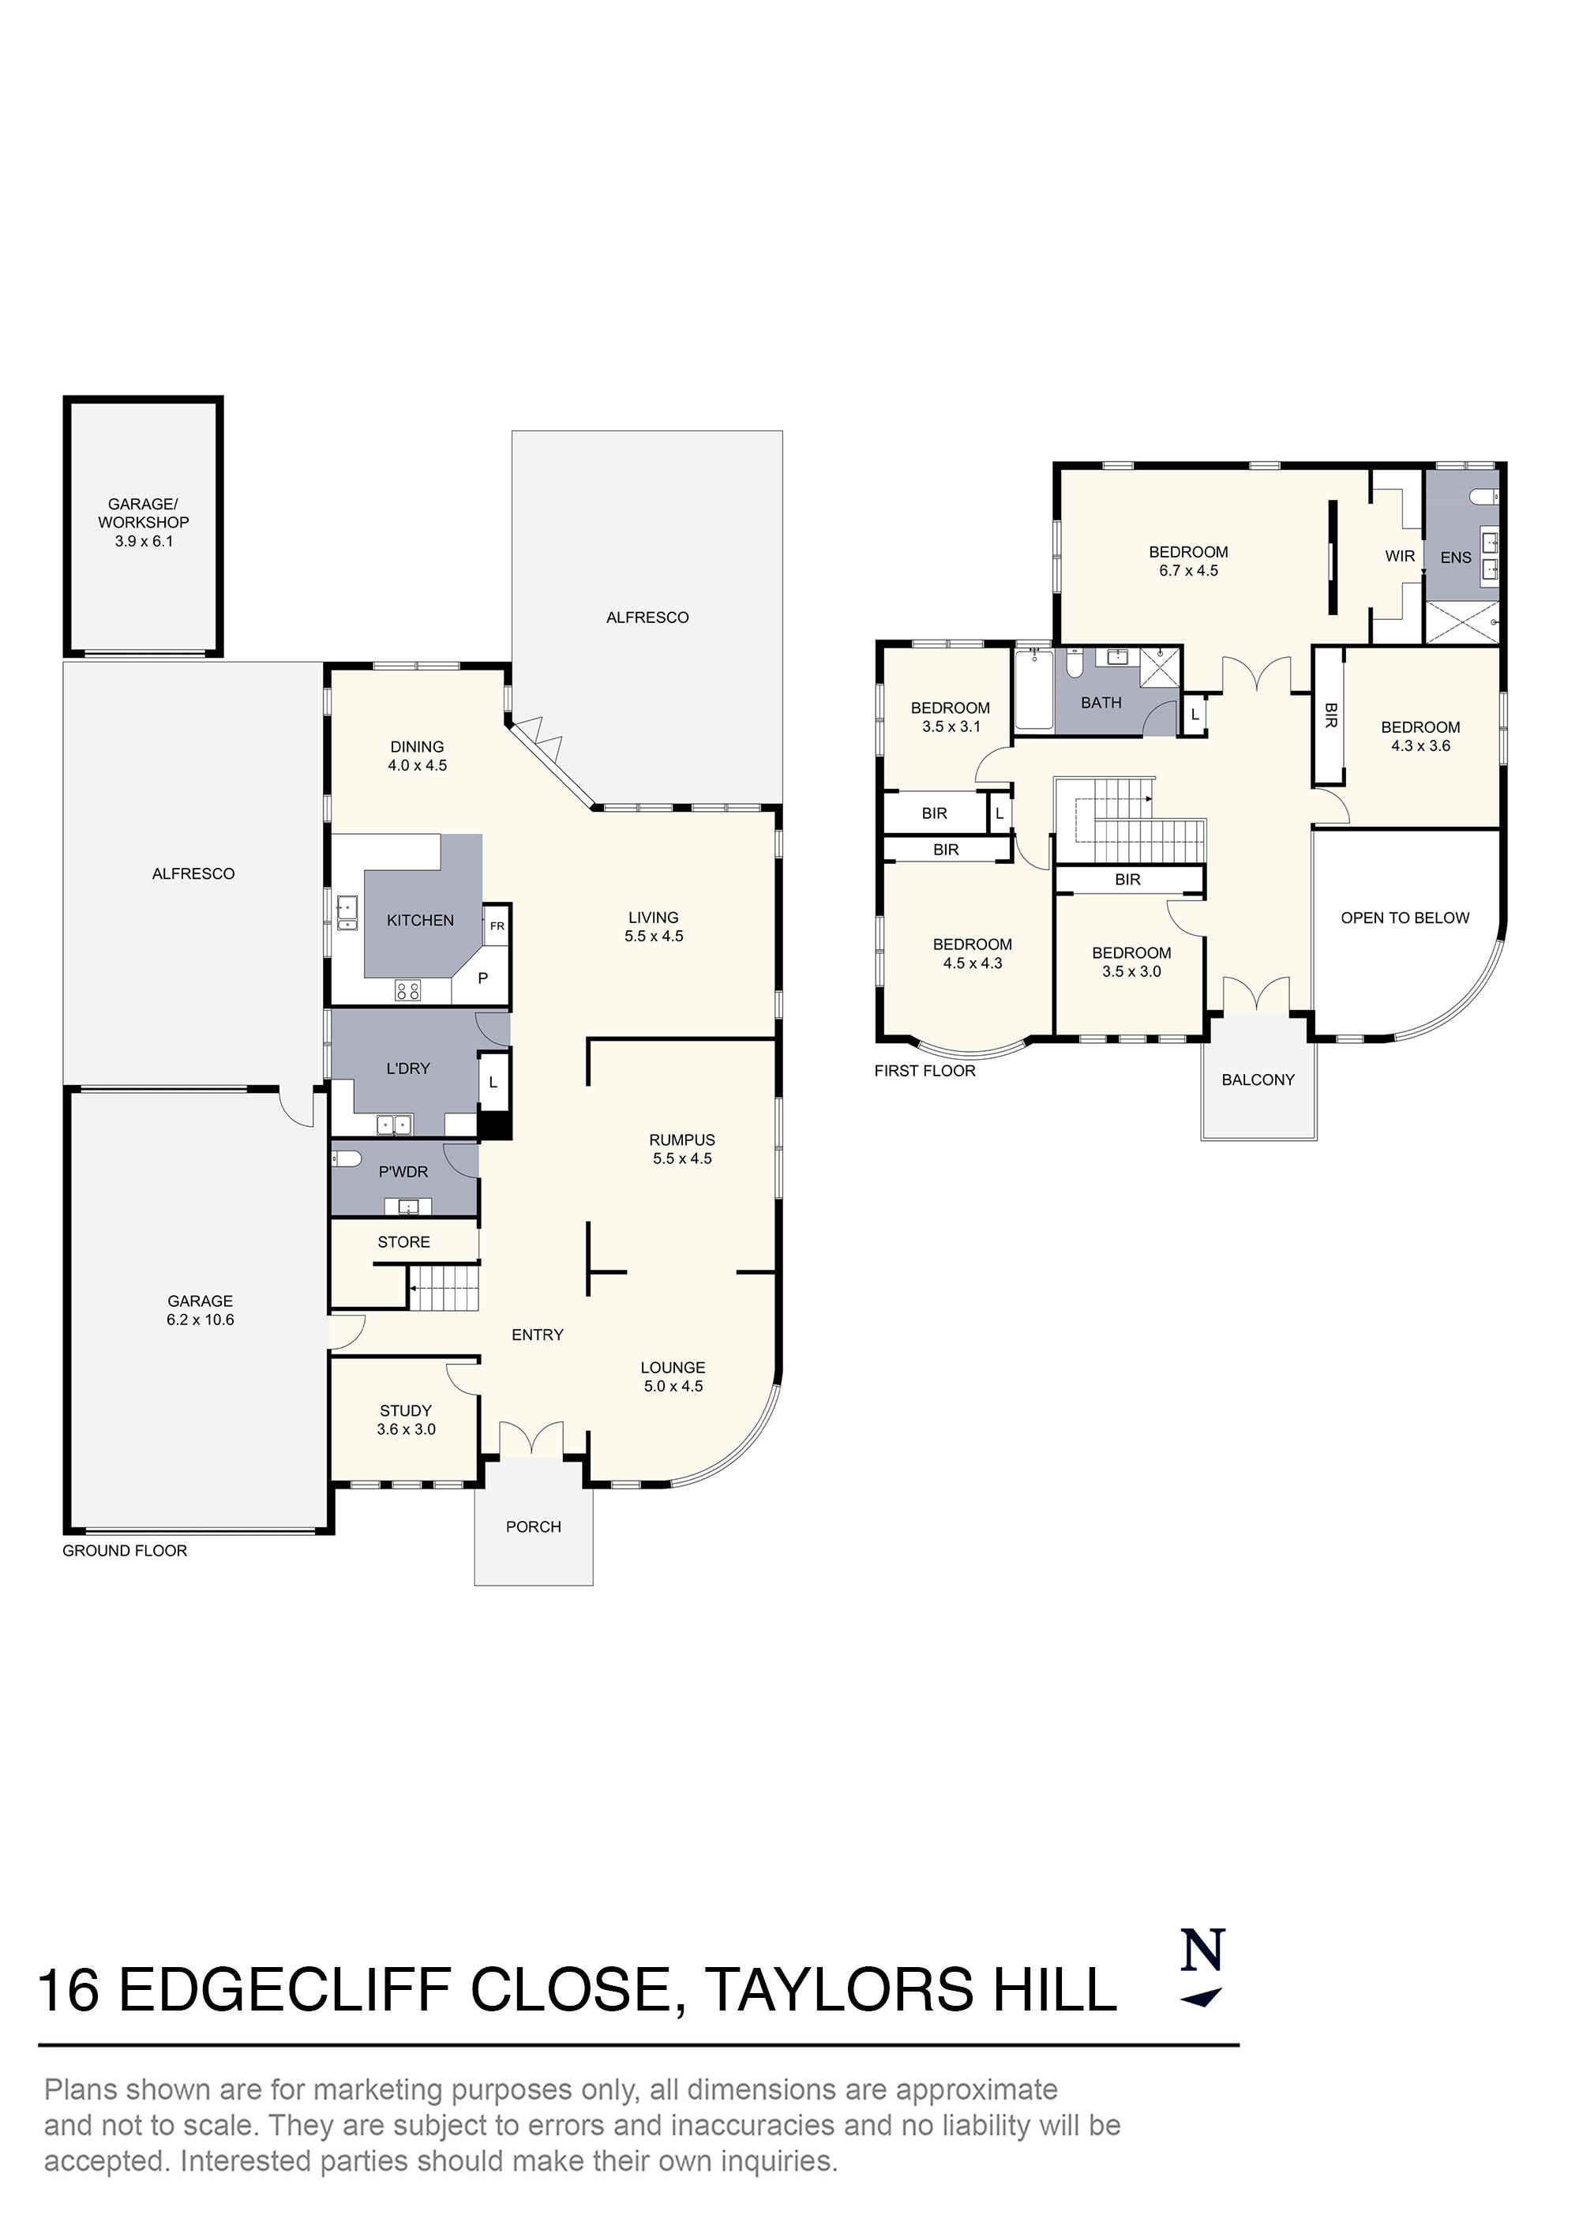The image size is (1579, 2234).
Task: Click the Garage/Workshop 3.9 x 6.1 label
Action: point(143,523)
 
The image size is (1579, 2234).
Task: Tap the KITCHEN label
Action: point(420,921)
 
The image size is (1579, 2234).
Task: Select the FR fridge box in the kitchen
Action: point(497,926)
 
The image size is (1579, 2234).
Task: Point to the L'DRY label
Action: point(407,1068)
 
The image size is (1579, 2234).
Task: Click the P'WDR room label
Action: point(403,1172)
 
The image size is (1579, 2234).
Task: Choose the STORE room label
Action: point(403,1241)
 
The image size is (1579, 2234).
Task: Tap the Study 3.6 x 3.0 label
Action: point(406,1420)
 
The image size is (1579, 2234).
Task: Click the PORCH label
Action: point(533,1526)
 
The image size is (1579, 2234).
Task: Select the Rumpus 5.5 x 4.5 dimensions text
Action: point(682,1158)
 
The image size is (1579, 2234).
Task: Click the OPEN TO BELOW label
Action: point(1405,918)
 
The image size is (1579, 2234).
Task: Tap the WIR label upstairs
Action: point(1400,557)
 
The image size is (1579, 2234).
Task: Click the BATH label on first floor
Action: point(1101,703)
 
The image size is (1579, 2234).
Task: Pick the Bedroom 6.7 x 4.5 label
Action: point(1188,561)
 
